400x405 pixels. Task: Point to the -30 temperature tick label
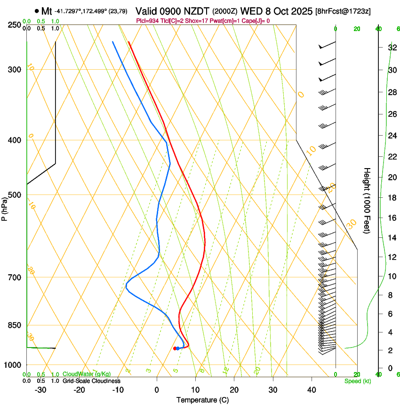(40, 389)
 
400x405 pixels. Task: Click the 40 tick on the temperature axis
(312, 389)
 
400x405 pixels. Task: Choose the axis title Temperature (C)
(202, 400)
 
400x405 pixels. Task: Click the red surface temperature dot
(175, 348)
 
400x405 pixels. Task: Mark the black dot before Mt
(37, 10)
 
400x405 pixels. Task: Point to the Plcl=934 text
(147, 21)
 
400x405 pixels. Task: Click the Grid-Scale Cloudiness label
(91, 381)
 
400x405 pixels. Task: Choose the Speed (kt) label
(358, 381)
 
